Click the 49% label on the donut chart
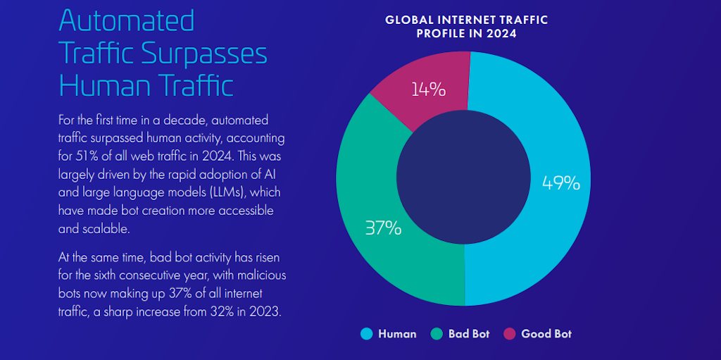click(x=560, y=183)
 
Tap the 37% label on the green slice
click(x=383, y=228)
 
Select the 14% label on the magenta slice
click(x=428, y=89)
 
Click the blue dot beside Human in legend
click(x=366, y=334)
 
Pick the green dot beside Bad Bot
click(x=437, y=334)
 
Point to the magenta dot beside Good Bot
click(x=509, y=334)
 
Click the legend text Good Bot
click(x=546, y=334)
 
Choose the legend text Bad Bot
click(x=469, y=334)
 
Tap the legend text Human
click(x=397, y=334)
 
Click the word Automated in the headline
click(x=127, y=20)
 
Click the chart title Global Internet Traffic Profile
click(x=466, y=27)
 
